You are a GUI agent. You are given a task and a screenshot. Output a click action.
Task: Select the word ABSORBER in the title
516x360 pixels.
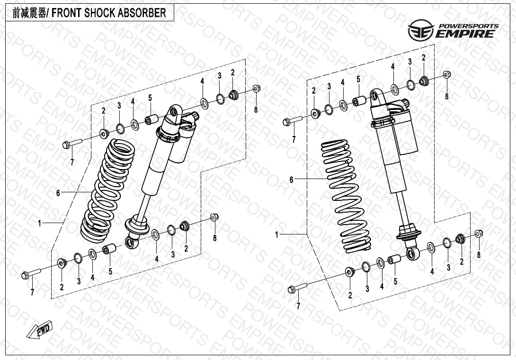point(142,13)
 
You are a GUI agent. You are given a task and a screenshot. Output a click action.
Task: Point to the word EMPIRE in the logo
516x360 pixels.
point(466,34)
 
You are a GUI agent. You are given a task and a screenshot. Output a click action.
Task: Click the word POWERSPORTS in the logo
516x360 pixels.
point(469,26)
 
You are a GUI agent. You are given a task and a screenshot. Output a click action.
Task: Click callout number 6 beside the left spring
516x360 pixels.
point(58,193)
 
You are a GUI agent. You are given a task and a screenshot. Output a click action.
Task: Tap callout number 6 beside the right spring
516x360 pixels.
point(292,180)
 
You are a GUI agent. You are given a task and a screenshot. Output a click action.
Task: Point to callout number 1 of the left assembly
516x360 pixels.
point(40,222)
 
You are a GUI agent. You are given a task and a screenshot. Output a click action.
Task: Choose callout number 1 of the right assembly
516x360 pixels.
point(277,234)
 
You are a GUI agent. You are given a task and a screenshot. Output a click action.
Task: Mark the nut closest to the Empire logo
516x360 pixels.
point(447,75)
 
